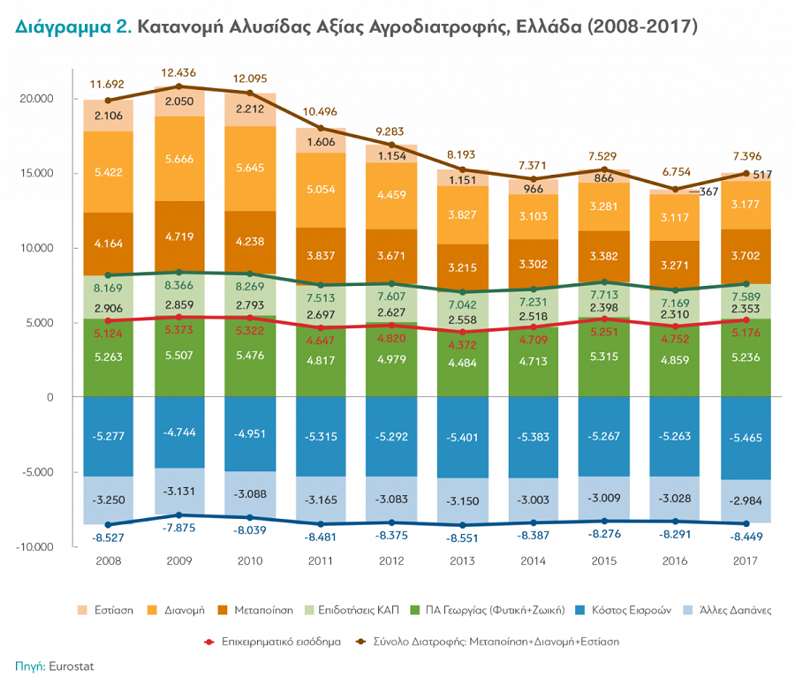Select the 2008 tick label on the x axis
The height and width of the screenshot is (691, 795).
coord(108,561)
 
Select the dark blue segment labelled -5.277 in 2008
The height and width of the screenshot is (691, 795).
coord(109,436)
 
